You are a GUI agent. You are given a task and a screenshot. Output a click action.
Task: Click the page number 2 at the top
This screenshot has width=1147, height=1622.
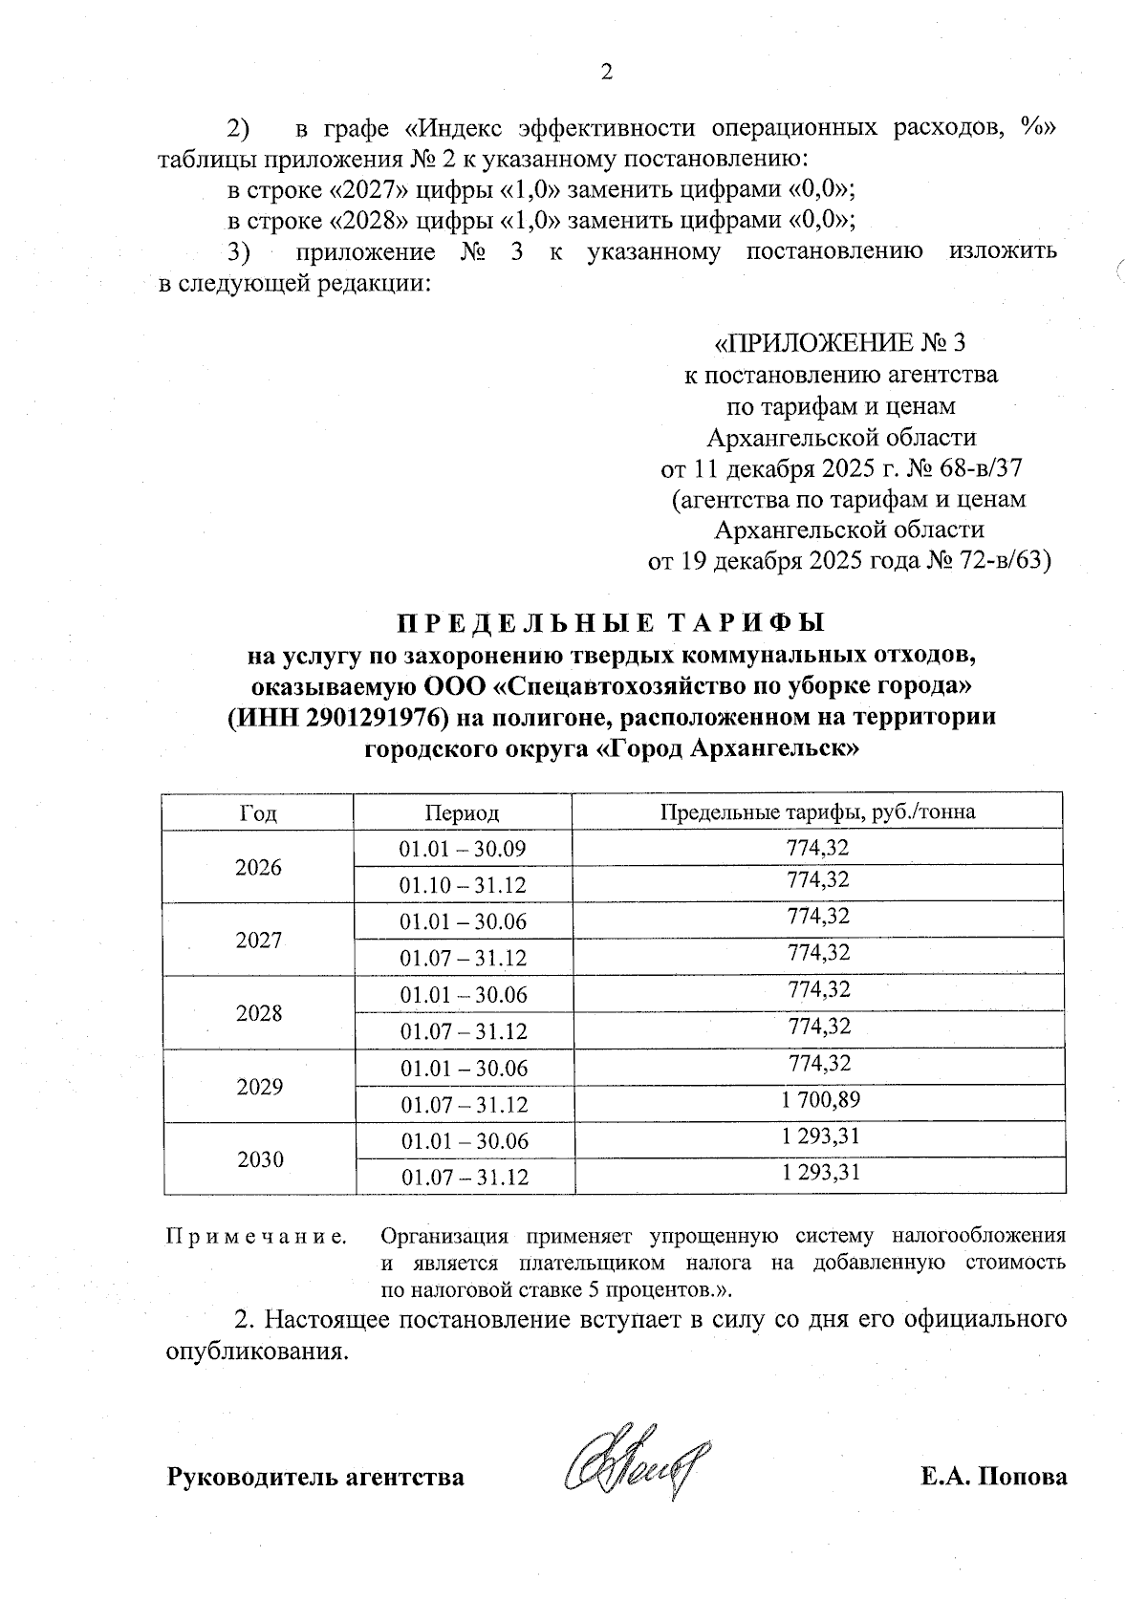point(603,72)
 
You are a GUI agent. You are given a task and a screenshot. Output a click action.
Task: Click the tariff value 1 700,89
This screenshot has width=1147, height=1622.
point(819,1100)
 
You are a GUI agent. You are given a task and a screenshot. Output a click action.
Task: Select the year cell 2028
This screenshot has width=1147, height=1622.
point(259,1013)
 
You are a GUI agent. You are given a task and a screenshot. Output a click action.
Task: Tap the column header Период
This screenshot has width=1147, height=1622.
point(463,813)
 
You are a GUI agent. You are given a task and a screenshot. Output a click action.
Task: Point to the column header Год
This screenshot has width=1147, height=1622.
point(258,813)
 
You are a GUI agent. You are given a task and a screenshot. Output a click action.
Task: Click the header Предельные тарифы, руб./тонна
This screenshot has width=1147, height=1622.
point(818,812)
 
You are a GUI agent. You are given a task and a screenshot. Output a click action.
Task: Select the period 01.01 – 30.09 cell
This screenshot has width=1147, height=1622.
point(463,849)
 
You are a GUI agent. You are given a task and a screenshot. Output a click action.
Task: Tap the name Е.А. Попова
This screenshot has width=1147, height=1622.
point(993,1477)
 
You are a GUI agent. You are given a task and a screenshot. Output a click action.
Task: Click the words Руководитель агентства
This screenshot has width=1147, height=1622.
point(316,1477)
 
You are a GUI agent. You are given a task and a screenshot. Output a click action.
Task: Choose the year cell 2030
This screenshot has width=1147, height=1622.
point(259,1159)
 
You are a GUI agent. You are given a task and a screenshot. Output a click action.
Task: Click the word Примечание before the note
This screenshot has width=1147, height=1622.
point(257,1237)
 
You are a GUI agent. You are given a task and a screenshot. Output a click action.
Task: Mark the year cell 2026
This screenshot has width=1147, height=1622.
point(259,868)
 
